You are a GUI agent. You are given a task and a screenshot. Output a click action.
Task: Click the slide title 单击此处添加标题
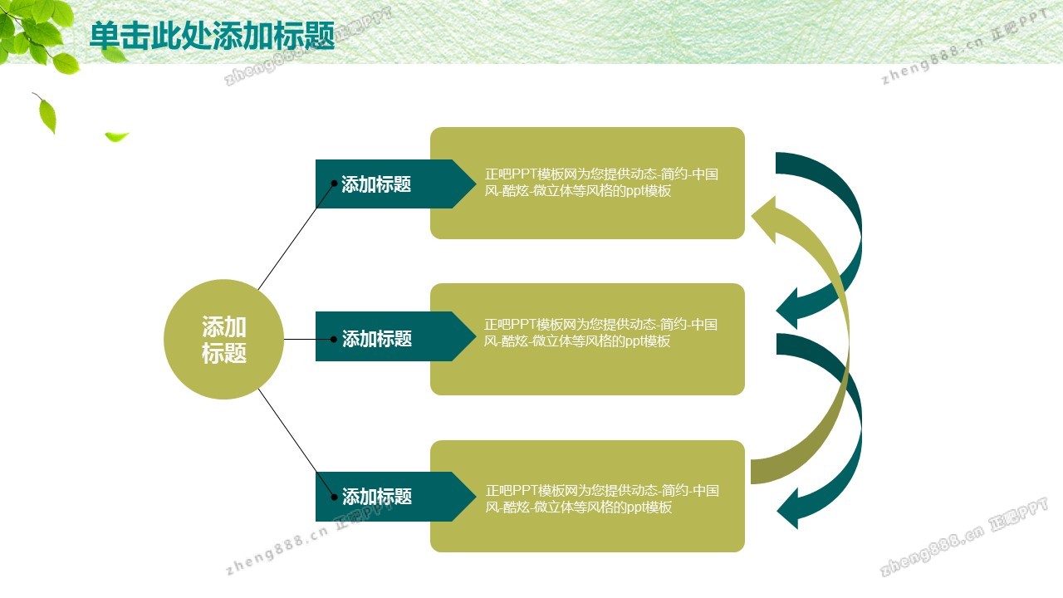click(x=212, y=36)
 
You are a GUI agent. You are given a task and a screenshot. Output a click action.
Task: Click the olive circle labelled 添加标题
click(x=224, y=340)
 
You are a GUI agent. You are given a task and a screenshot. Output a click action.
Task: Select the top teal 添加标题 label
click(x=376, y=184)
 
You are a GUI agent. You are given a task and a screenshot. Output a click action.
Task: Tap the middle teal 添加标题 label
click(x=377, y=339)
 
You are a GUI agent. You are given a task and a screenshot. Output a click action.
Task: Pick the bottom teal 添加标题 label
click(x=377, y=497)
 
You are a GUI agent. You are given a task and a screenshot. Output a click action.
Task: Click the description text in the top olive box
click(x=601, y=182)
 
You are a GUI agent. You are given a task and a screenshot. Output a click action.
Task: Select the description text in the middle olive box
click(x=600, y=333)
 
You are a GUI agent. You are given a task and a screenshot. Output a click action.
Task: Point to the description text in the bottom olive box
click(x=602, y=498)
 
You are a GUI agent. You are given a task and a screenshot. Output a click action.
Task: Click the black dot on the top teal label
click(x=334, y=184)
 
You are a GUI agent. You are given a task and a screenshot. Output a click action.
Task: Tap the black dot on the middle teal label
click(x=334, y=339)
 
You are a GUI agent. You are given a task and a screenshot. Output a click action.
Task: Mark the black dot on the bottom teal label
click(x=334, y=497)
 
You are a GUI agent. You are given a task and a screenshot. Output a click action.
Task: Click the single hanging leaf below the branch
click(x=46, y=114)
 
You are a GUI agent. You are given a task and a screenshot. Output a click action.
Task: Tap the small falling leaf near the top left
click(x=116, y=137)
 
